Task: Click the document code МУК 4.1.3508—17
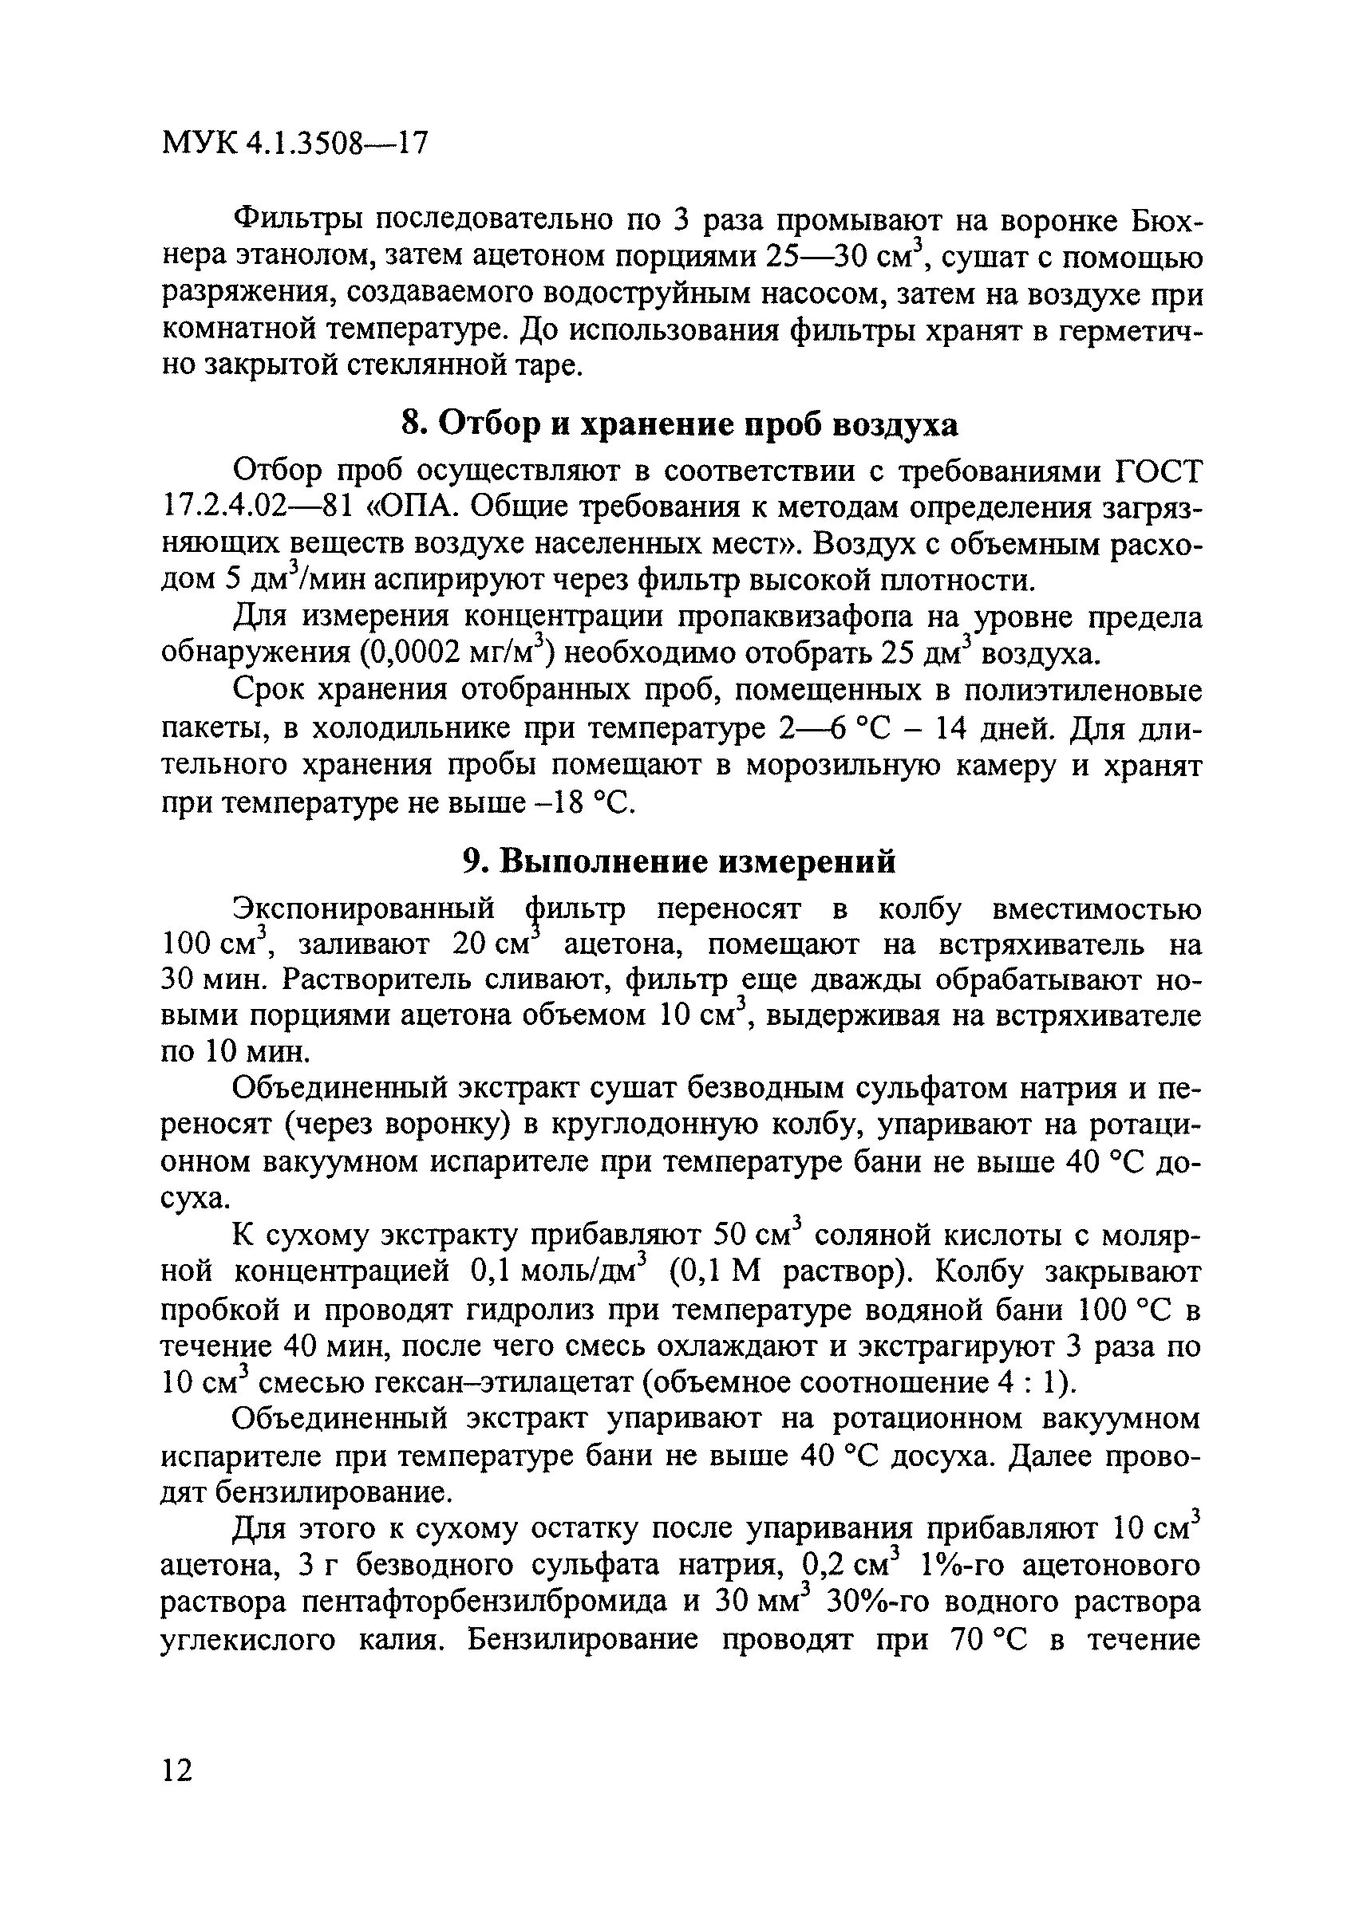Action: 294,144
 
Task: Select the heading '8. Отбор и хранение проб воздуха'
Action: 680,425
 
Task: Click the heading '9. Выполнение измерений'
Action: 680,861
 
